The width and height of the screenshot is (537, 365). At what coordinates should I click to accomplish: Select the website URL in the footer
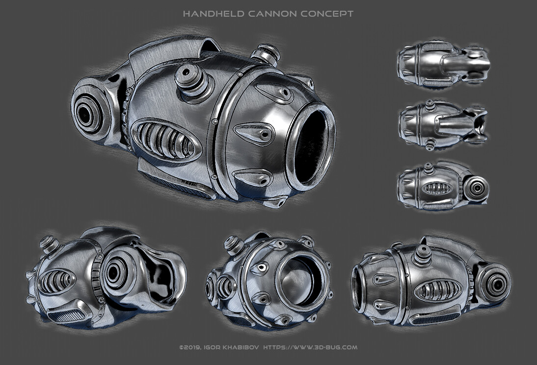[x=311, y=347]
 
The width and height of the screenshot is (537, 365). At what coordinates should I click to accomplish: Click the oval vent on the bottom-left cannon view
[x=55, y=282]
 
